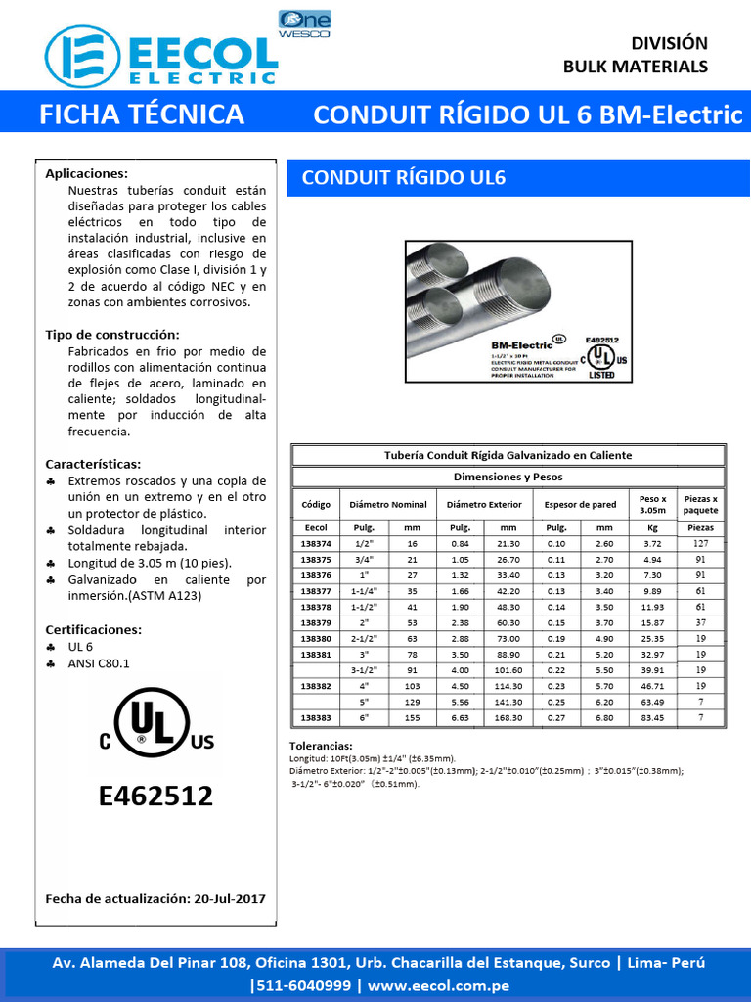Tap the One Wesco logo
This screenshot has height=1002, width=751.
[304, 23]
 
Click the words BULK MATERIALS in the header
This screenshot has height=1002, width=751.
[635, 67]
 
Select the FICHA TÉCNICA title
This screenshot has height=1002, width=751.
[141, 114]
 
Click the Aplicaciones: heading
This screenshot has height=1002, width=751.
[87, 173]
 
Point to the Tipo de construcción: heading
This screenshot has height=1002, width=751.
[111, 335]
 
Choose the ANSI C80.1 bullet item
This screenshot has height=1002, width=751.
[98, 663]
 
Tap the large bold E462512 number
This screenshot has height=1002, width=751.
[155, 796]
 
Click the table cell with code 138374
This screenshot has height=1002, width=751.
[316, 543]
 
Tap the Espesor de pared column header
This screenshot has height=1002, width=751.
[580, 505]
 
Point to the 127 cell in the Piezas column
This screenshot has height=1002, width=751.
[700, 543]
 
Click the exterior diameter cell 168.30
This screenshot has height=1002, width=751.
[508, 718]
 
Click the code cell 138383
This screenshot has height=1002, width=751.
[316, 718]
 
